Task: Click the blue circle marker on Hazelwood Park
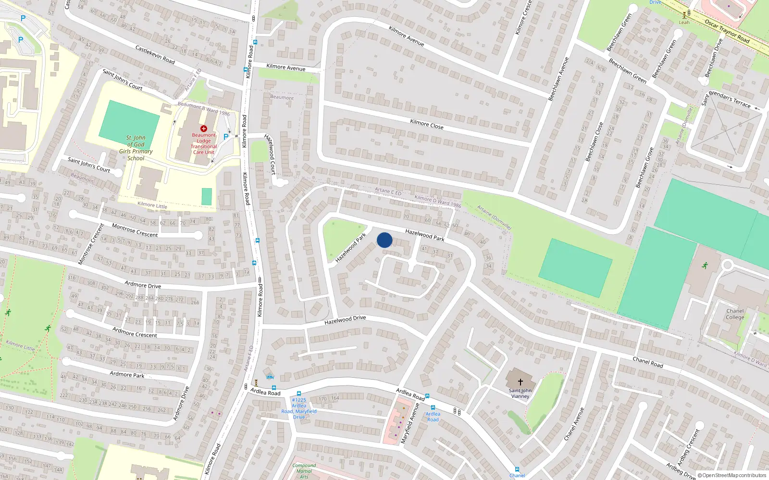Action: pyautogui.click(x=384, y=240)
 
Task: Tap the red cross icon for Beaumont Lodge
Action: pyautogui.click(x=204, y=129)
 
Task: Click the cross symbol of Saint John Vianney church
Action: pyautogui.click(x=520, y=382)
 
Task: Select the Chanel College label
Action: pyautogui.click(x=735, y=314)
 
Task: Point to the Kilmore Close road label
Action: pyautogui.click(x=427, y=124)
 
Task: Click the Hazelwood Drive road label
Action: pyautogui.click(x=345, y=320)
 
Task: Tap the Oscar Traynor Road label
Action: pyautogui.click(x=727, y=31)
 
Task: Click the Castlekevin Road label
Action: pyautogui.click(x=155, y=55)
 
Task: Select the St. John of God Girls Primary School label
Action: pyautogui.click(x=136, y=148)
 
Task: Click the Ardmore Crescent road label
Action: pyautogui.click(x=135, y=332)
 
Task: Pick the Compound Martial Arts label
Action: pyautogui.click(x=304, y=471)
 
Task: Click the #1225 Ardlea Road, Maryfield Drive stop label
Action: pyautogui.click(x=299, y=408)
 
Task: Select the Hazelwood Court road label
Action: pyautogui.click(x=270, y=154)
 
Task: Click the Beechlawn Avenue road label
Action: pyautogui.click(x=558, y=79)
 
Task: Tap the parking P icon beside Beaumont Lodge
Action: pyautogui.click(x=226, y=137)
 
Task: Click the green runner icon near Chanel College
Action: pyautogui.click(x=705, y=265)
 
